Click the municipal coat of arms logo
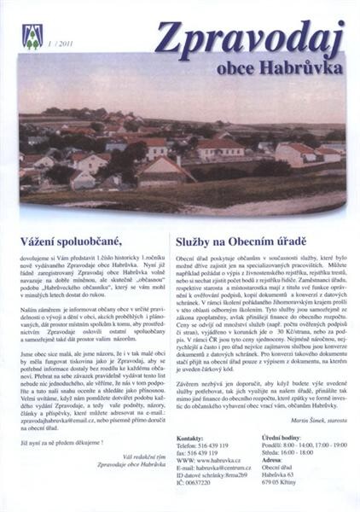(32, 36)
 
